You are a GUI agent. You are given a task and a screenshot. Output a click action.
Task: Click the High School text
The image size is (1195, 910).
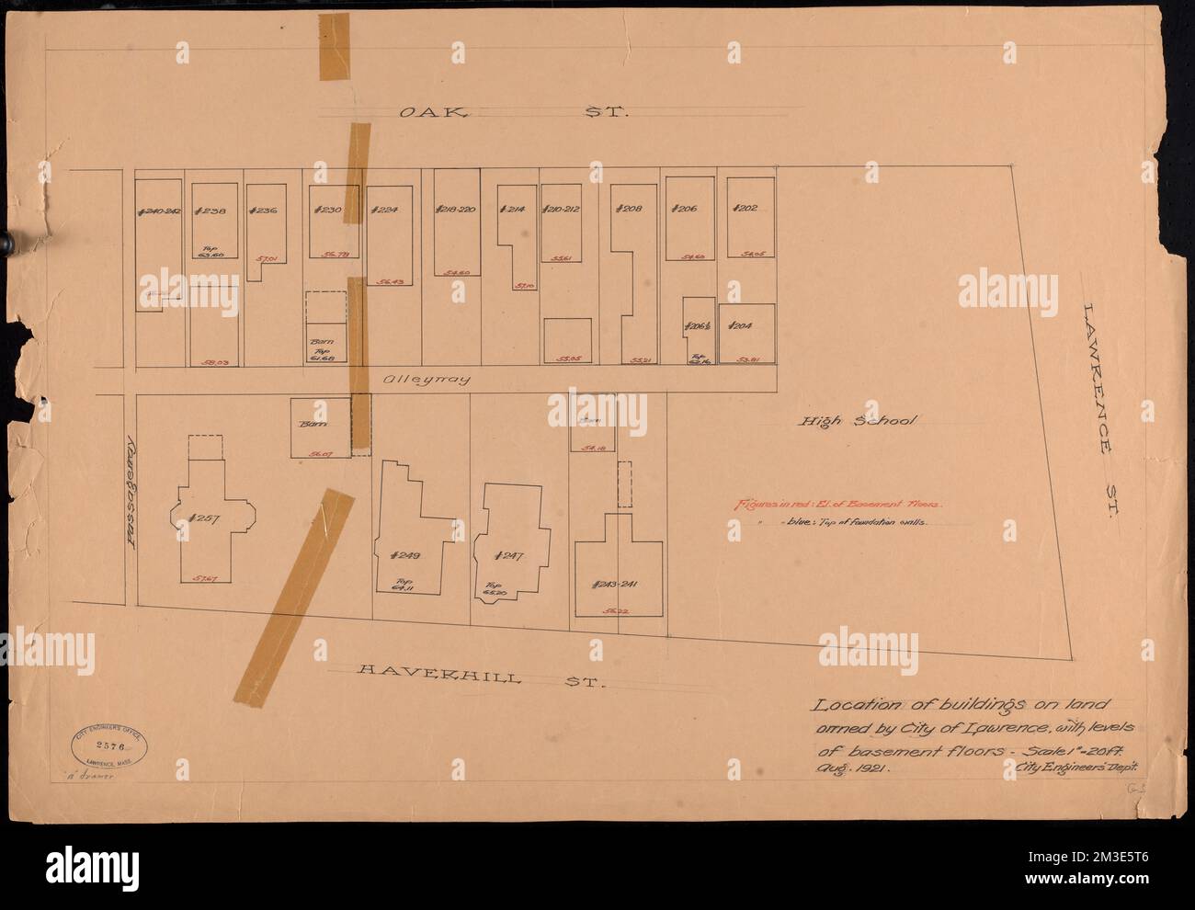coord(857,422)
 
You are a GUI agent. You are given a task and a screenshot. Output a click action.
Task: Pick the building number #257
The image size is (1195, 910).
coord(202,518)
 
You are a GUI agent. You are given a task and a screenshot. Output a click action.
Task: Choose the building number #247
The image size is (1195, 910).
coord(507,555)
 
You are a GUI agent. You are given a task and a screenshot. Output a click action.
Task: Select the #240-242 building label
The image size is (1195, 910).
coord(160,210)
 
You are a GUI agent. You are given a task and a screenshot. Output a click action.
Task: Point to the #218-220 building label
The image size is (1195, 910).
coord(454,209)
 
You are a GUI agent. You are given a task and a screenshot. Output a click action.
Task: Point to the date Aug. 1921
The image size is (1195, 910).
coord(848,763)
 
